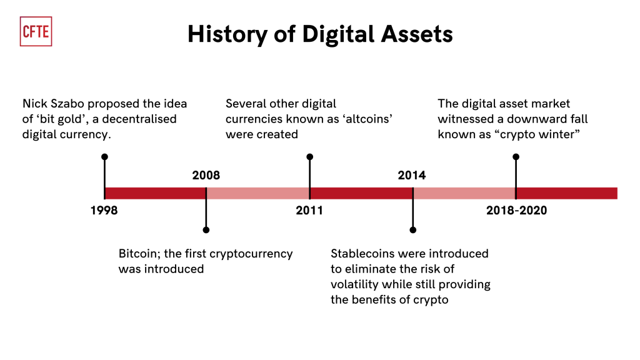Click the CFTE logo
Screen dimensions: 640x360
coord(36,31)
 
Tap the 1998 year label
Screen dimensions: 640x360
coord(104,210)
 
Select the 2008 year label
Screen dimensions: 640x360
coord(206,175)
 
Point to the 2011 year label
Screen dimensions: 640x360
coord(309,210)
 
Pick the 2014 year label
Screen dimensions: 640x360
coord(412,175)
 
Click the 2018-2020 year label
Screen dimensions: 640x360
coord(516,210)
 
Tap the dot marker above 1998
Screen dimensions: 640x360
coord(104,157)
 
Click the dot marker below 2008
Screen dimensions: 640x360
coord(206,230)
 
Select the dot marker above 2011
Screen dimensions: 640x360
coord(310,157)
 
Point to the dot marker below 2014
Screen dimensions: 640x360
coord(413,230)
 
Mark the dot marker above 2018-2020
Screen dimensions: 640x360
coord(516,157)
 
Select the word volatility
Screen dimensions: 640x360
coord(354,284)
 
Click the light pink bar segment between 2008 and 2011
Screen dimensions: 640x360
coord(258,194)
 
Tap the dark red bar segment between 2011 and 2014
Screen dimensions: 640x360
coord(361,194)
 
